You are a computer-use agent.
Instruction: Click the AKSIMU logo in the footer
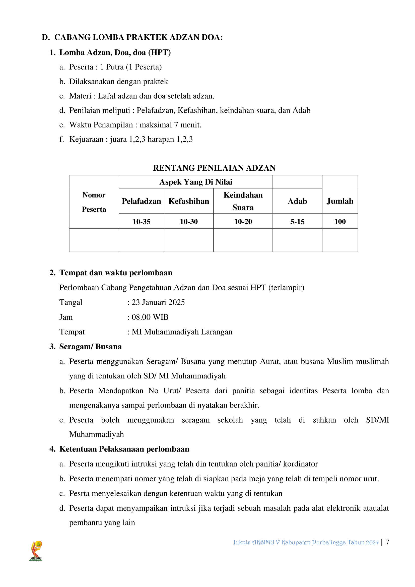click(x=36, y=551)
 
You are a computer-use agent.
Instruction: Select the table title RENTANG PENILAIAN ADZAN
click(x=214, y=168)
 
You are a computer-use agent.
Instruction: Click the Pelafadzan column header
click(x=141, y=201)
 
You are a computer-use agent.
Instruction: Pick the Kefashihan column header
click(x=189, y=201)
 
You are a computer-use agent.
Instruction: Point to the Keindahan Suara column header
click(x=243, y=201)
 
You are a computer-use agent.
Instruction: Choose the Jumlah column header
click(x=340, y=201)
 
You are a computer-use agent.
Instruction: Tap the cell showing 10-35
click(x=141, y=221)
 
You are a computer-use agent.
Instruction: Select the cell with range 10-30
click(x=189, y=221)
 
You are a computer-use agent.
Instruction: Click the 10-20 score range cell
click(x=243, y=221)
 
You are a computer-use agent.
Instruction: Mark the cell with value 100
click(x=340, y=221)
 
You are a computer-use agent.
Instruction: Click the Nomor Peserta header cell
click(x=94, y=202)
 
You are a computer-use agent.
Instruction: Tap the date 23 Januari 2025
click(x=158, y=302)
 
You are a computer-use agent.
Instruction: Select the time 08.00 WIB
click(x=150, y=317)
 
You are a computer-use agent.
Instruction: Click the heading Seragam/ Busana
click(x=91, y=346)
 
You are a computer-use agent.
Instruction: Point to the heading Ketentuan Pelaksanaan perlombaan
click(x=124, y=449)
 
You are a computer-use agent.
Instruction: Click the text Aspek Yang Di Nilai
click(x=196, y=182)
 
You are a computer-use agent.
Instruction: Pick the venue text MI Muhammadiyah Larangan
click(x=182, y=332)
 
